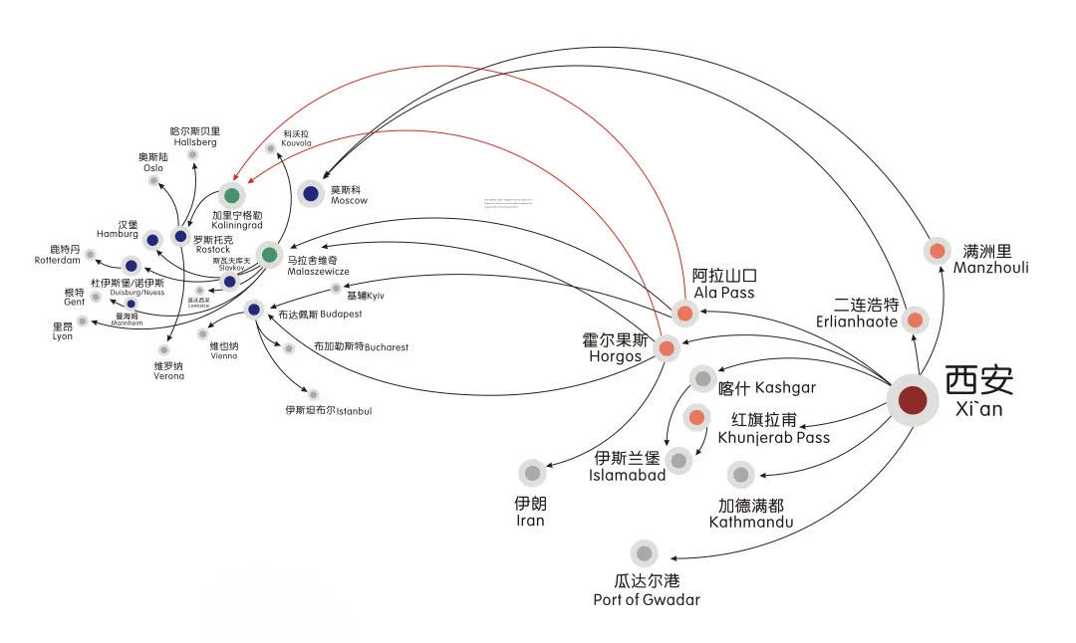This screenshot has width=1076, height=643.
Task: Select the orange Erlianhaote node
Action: click(915, 321)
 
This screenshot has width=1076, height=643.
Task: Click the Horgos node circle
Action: click(666, 348)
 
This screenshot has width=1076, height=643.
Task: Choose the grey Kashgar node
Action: click(703, 378)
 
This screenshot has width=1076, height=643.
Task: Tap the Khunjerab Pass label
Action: click(773, 429)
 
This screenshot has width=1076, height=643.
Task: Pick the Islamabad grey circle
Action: click(678, 460)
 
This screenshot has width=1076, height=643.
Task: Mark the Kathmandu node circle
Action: click(740, 474)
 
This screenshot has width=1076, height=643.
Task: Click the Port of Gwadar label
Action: click(646, 591)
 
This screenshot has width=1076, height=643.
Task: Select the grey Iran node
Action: click(532, 473)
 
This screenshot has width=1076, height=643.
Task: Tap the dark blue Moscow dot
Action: click(312, 194)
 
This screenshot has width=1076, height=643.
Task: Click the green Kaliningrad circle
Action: click(232, 195)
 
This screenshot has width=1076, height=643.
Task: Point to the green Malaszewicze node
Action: click(269, 255)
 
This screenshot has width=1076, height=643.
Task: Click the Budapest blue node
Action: click(254, 310)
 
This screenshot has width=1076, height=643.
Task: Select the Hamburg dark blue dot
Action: click(152, 240)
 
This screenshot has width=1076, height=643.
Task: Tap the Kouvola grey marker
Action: click(271, 149)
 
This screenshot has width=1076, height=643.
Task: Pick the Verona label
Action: click(168, 370)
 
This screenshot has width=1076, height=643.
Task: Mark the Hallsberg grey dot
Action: click(192, 155)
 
